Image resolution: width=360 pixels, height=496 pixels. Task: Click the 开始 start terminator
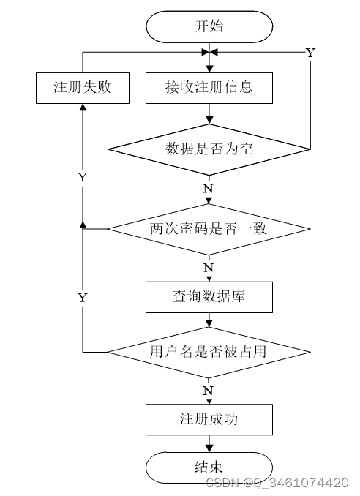click(209, 26)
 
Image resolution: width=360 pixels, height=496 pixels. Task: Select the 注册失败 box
click(83, 88)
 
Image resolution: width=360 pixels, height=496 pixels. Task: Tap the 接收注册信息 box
click(209, 88)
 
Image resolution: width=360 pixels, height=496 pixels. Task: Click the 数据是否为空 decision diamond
click(209, 149)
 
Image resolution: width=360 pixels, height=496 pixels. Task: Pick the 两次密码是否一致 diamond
click(209, 229)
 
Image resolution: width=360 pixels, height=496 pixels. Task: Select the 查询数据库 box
click(209, 297)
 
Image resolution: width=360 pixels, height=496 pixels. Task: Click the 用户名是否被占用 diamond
click(209, 352)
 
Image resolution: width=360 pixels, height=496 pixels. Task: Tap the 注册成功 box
click(209, 419)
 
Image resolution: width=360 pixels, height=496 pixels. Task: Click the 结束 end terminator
click(209, 467)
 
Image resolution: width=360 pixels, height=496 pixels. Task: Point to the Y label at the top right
click(310, 53)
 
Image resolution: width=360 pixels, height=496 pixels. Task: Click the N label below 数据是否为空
click(208, 189)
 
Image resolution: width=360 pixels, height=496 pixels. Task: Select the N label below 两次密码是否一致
click(208, 268)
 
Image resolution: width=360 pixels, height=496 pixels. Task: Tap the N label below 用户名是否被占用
click(208, 391)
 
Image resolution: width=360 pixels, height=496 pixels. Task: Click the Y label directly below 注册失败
click(83, 177)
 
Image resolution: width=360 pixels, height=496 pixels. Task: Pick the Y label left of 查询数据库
click(83, 298)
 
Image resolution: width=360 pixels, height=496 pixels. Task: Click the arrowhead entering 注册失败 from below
click(83, 108)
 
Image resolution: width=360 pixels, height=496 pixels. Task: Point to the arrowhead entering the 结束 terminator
click(209, 448)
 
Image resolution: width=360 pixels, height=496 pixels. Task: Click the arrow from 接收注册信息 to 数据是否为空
click(209, 113)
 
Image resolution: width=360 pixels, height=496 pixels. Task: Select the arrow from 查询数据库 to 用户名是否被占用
click(209, 320)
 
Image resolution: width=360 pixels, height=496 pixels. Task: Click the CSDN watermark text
click(277, 483)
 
